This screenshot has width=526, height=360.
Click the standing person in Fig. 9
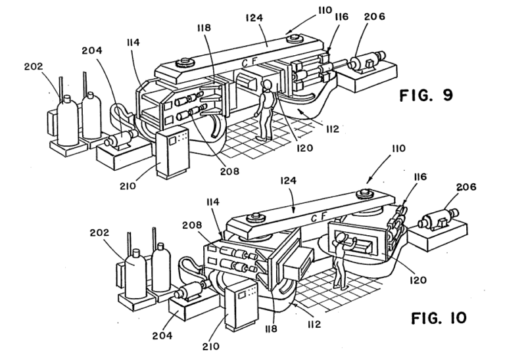[265, 108]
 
